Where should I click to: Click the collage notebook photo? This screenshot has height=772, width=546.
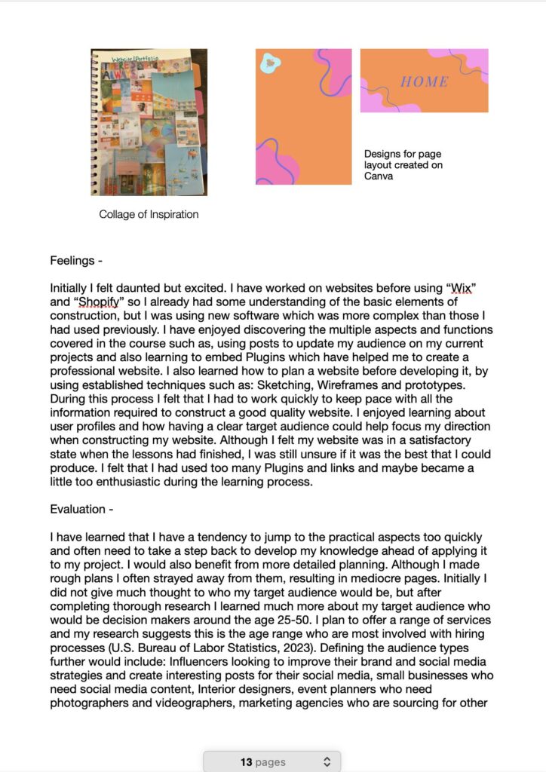click(x=149, y=122)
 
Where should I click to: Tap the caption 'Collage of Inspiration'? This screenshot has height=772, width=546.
click(x=149, y=214)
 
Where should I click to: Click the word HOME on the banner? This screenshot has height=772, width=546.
click(x=424, y=81)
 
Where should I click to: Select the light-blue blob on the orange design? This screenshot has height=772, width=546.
click(x=269, y=64)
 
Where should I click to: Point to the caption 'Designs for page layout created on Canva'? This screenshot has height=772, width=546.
click(x=403, y=165)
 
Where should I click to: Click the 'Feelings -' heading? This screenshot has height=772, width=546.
click(x=76, y=261)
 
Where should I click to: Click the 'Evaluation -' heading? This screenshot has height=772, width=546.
click(x=81, y=509)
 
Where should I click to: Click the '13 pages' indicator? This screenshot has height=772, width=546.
click(x=263, y=762)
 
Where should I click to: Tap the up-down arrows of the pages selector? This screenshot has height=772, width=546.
click(x=327, y=762)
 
